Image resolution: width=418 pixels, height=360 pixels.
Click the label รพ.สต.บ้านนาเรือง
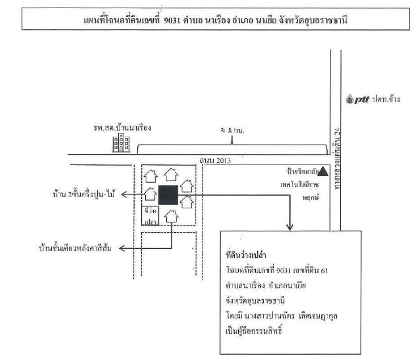120,128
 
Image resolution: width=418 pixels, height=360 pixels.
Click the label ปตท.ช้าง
383,99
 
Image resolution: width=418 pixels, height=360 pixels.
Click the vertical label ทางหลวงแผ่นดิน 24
340,157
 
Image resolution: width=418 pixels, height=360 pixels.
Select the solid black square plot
168,194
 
